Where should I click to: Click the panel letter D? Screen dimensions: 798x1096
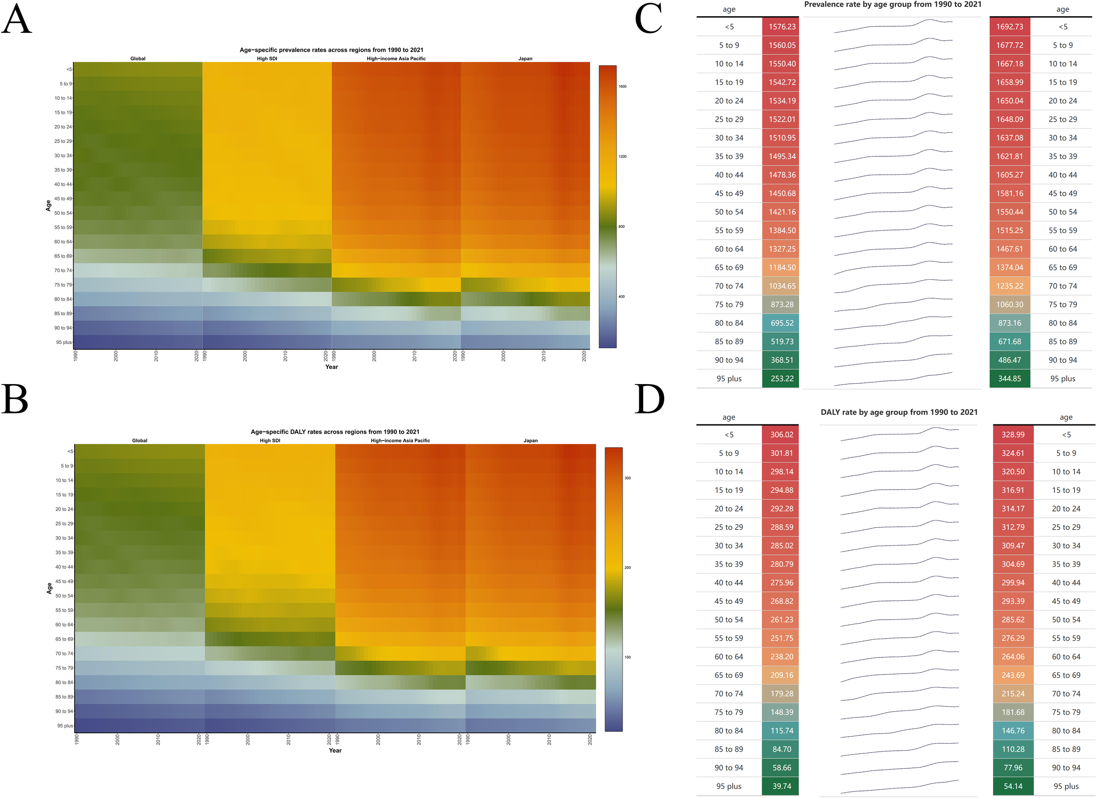click(649, 399)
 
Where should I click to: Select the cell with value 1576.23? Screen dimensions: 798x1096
click(781, 27)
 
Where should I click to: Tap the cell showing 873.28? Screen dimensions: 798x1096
click(781, 304)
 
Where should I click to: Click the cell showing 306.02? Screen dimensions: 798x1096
click(781, 434)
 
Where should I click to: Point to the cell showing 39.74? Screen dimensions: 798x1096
click(781, 786)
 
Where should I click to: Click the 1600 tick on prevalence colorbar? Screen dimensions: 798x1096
click(622, 86)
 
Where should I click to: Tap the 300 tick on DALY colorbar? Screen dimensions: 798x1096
click(627, 478)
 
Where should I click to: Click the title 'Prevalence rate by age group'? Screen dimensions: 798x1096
click(893, 4)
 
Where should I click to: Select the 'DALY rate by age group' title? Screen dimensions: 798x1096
click(898, 412)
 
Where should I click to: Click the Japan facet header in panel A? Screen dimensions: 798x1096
click(525, 58)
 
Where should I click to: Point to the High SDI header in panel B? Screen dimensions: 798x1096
click(270, 441)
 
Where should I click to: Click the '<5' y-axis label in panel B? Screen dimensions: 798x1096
click(70, 451)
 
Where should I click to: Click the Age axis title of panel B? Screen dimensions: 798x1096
click(49, 588)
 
